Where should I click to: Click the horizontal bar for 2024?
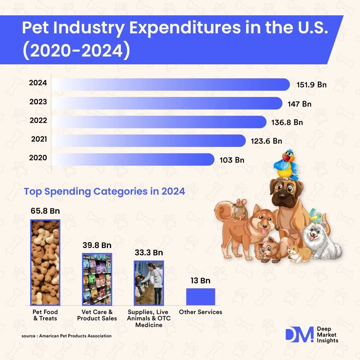pos(170,84)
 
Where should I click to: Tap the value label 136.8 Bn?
pos(287,122)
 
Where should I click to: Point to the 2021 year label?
pos(39,139)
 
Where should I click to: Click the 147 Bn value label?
pos(299,104)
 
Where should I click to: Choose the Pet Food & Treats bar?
pos(45,262)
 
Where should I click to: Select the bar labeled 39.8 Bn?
pos(97,279)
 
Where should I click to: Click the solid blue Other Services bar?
pos(200,297)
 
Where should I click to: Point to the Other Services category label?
pos(200,312)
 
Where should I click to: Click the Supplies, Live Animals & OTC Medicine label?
pos(149,318)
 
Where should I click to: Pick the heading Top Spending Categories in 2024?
pos(104,192)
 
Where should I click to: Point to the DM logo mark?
pos(299,335)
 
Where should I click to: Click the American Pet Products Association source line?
pos(66,336)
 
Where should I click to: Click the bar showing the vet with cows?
pos(149,283)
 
